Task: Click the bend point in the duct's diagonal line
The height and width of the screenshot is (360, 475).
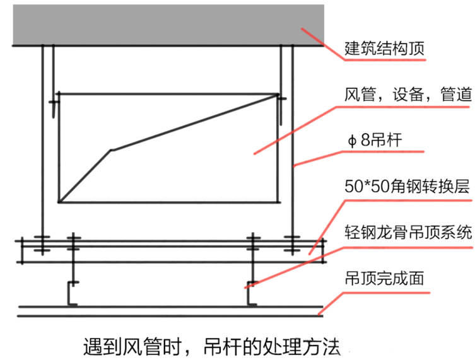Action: (111, 150)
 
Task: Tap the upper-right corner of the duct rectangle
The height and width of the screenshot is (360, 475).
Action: (278, 95)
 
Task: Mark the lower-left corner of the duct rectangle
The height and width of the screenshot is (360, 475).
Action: (59, 202)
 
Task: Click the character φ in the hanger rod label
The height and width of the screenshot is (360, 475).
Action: (351, 141)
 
